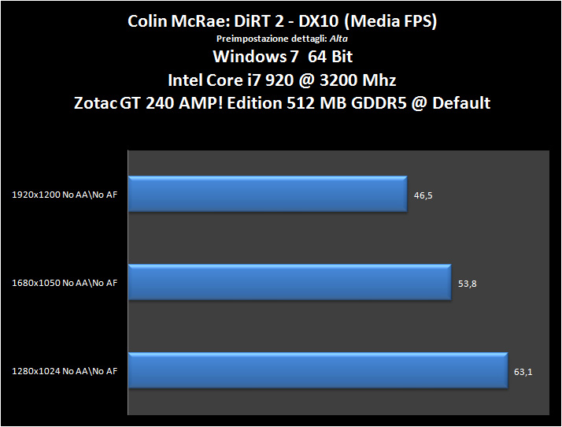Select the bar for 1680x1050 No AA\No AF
[289, 283]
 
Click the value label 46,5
[422, 195]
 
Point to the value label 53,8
[467, 284]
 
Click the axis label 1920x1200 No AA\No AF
[65, 195]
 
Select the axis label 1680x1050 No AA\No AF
[65, 284]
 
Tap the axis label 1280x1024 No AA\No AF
[65, 372]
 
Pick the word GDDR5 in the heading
[382, 103]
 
